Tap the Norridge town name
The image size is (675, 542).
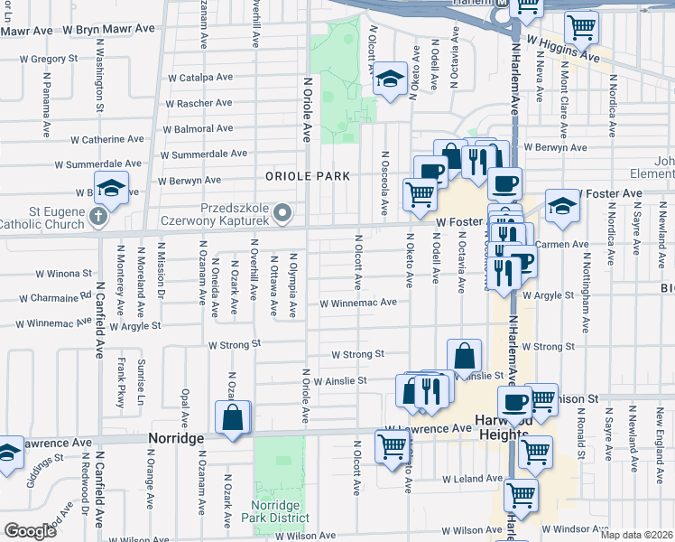coord(178,438)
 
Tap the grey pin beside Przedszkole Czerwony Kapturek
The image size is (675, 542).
coord(283,213)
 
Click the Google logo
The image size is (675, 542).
coord(30,531)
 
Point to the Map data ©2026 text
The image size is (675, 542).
coord(636,535)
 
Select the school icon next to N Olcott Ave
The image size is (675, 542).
coord(391,80)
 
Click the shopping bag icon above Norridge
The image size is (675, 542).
coord(233,418)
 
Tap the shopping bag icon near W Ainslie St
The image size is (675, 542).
coord(464,356)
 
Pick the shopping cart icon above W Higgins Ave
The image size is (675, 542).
coord(581,26)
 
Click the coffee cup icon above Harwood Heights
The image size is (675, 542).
coord(515,402)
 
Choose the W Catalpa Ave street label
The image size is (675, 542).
coord(206,79)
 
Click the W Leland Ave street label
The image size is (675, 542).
coord(472,478)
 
